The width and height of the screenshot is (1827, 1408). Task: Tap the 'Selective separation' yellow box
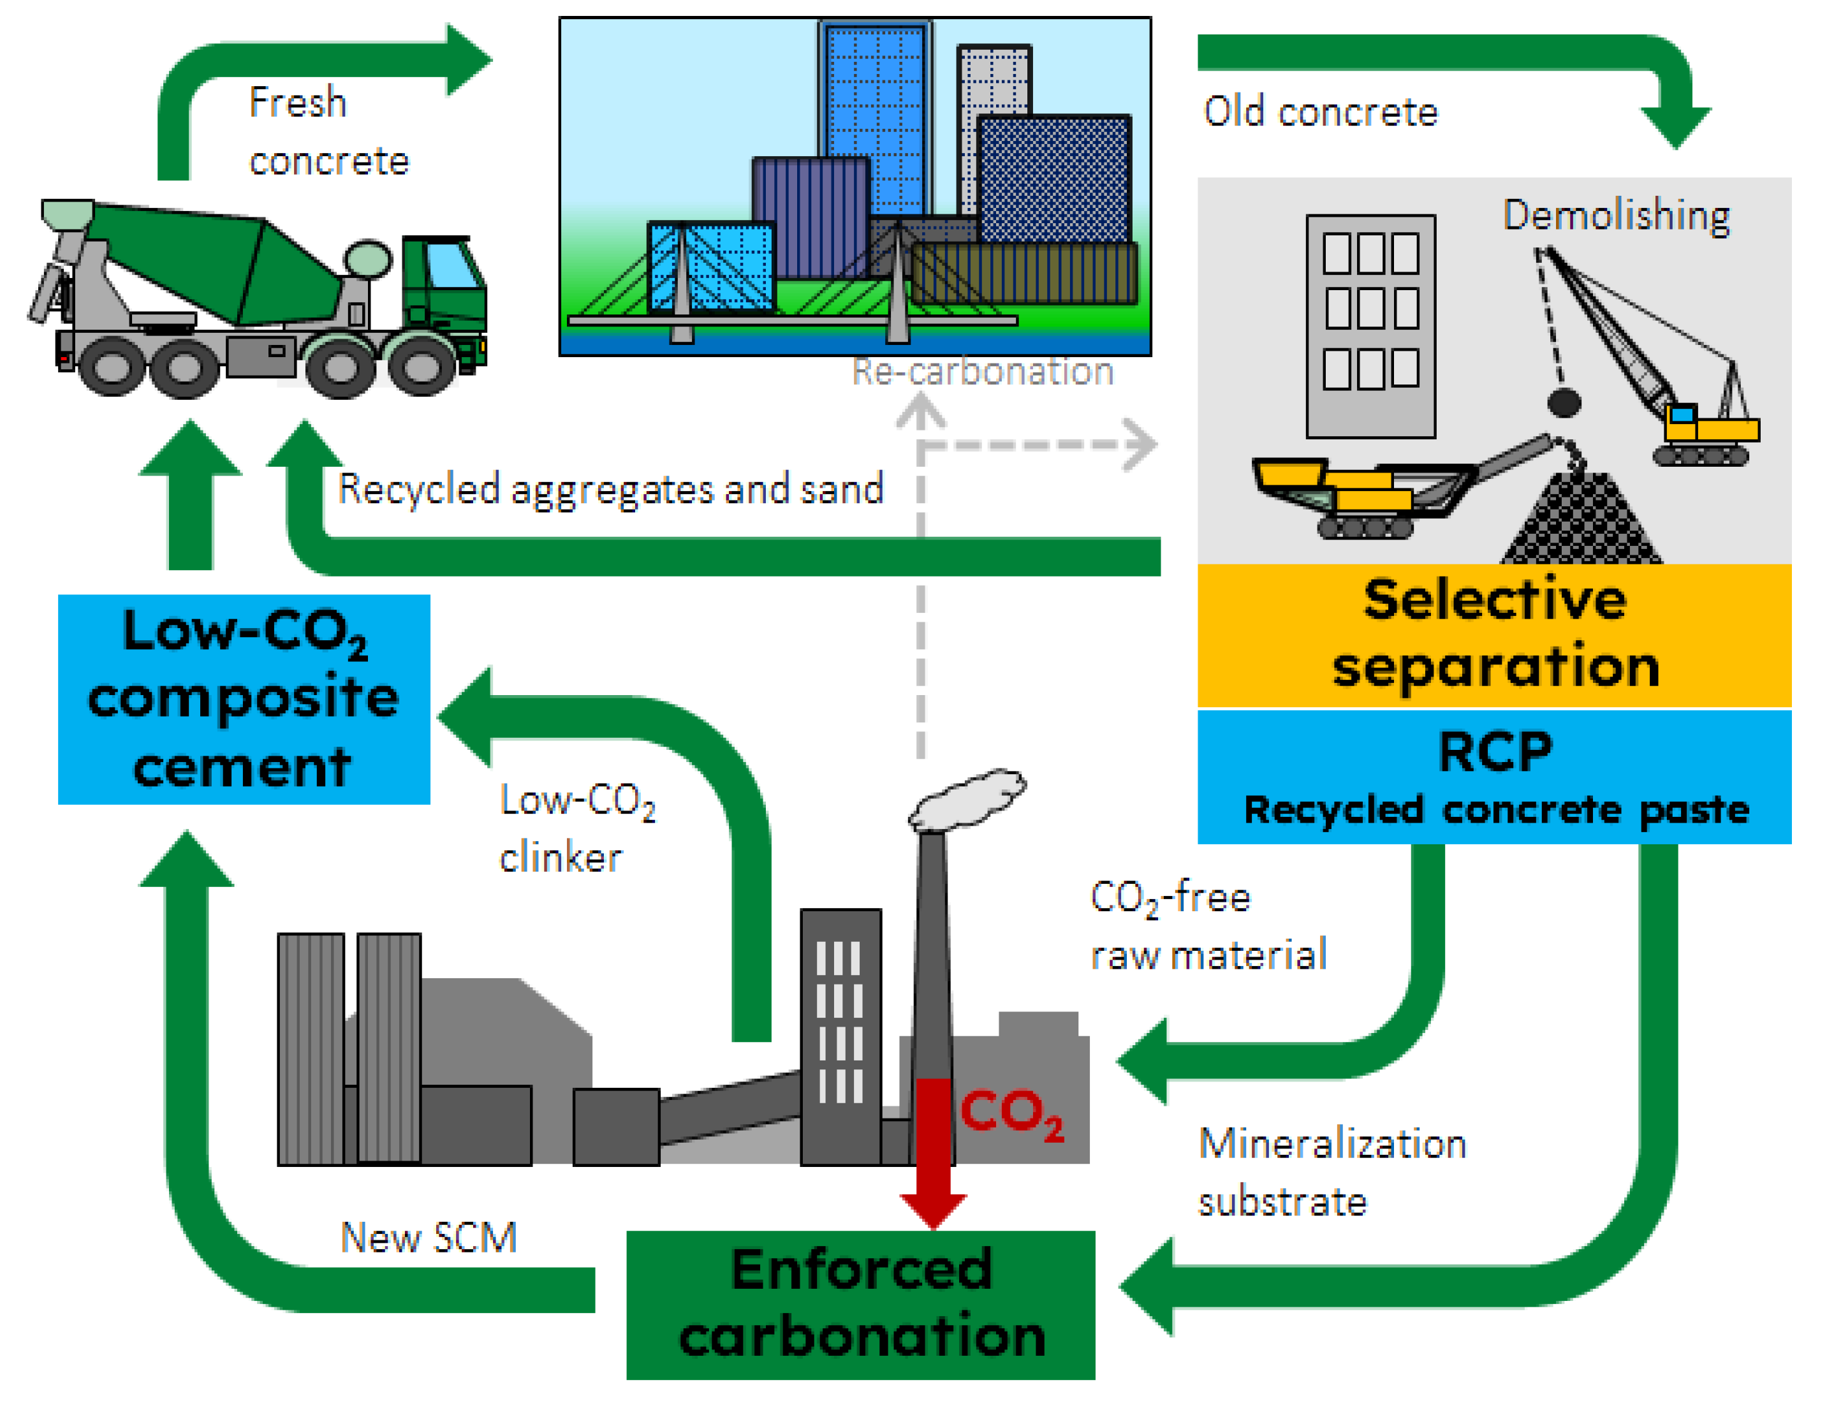tap(1494, 634)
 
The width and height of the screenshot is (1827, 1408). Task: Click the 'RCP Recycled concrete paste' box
tap(1494, 776)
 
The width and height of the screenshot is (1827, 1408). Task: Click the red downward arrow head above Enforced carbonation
tap(933, 1210)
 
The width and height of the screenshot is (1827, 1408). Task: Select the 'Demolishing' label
tap(1615, 216)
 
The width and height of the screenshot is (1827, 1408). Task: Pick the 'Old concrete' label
tap(1320, 112)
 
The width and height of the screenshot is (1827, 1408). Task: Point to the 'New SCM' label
tap(429, 1237)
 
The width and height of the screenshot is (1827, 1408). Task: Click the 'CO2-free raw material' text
tap(1207, 925)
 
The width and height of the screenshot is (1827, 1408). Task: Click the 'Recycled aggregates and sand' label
tap(610, 488)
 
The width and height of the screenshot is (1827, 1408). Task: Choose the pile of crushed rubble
tap(1581, 523)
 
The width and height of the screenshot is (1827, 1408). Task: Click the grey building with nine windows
tap(1370, 326)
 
